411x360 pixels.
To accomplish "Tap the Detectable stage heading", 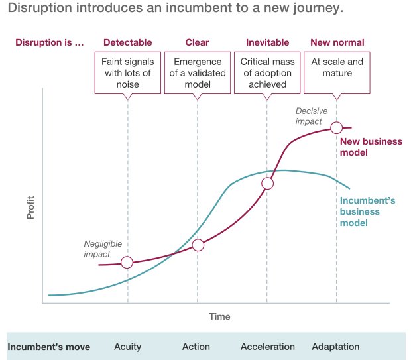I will click(127, 43).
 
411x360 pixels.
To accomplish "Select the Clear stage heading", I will click(197, 43).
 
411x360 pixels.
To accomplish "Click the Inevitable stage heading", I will click(267, 43).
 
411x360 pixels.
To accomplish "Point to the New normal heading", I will click(336, 43).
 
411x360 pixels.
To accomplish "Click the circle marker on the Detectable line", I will click(127, 263).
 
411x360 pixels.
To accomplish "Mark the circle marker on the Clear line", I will click(198, 245).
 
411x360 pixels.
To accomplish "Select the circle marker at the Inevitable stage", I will click(268, 184).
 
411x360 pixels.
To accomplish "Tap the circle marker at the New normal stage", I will click(337, 127).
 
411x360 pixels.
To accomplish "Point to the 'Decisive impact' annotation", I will click(309, 117).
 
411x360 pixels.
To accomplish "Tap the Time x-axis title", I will click(219, 316).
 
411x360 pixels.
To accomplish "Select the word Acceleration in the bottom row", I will click(267, 347).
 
